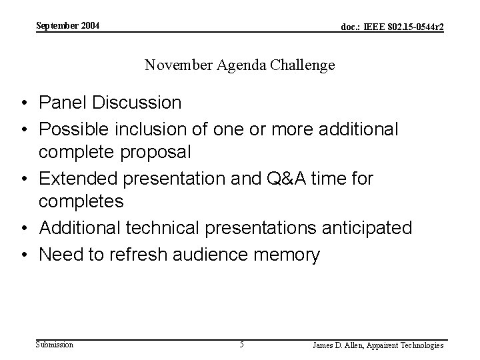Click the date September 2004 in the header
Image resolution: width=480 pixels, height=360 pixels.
67,25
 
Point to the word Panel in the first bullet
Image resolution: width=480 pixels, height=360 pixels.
63,103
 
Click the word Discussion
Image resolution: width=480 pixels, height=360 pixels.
137,103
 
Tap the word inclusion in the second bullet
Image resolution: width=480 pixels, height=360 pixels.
145,129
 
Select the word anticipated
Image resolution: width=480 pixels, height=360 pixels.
365,229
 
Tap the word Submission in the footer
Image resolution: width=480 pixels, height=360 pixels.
55,345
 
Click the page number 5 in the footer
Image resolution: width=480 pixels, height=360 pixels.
241,345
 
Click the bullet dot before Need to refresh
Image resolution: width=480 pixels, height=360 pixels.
23,255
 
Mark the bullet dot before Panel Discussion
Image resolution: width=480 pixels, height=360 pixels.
23,103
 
